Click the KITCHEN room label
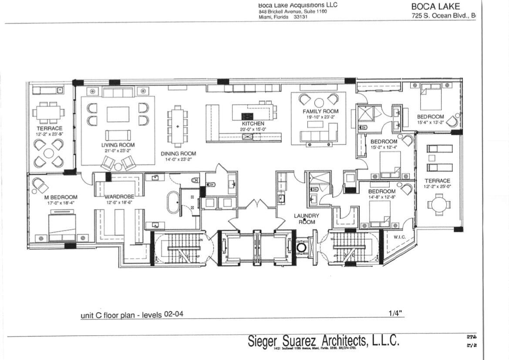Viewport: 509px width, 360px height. pyautogui.click(x=253, y=124)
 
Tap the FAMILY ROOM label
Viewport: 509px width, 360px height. pyautogui.click(x=320, y=112)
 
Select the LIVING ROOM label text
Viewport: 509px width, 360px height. pyautogui.click(x=118, y=145)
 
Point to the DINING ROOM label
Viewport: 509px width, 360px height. pyautogui.click(x=178, y=153)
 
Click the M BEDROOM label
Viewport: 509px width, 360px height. pyautogui.click(x=61, y=197)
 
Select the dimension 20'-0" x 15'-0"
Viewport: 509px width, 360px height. pyautogui.click(x=253, y=129)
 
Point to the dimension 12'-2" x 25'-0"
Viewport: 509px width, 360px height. pyautogui.click(x=437, y=187)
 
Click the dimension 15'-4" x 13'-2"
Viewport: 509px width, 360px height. pyautogui.click(x=430, y=122)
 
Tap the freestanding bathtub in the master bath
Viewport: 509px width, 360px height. pyautogui.click(x=173, y=202)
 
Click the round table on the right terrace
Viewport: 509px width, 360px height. pyautogui.click(x=438, y=204)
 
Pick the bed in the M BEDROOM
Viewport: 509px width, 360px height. pyautogui.click(x=62, y=226)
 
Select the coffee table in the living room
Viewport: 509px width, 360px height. pyautogui.click(x=118, y=114)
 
